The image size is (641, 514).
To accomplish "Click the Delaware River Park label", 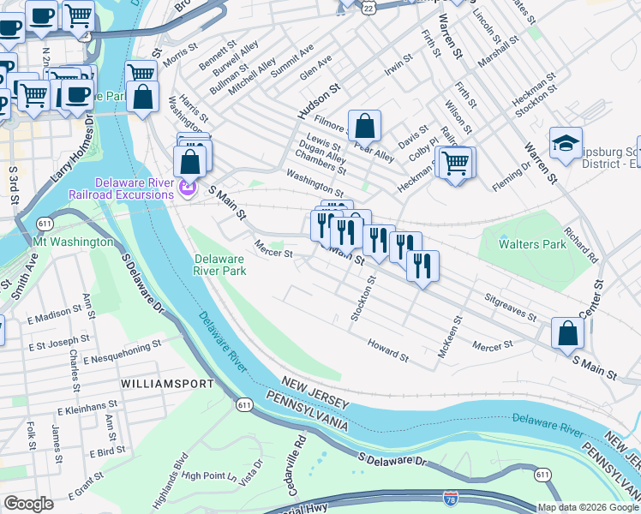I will pyautogui.click(x=220, y=265).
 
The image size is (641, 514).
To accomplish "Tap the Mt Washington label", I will pyautogui.click(x=74, y=242).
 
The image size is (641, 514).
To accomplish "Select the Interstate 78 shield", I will pyautogui.click(x=451, y=498).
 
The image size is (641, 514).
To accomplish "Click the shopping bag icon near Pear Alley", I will pyautogui.click(x=364, y=126).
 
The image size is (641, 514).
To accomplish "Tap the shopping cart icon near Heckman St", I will pyautogui.click(x=457, y=161).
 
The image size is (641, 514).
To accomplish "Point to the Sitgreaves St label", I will pyautogui.click(x=511, y=308).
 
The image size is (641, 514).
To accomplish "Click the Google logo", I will pyautogui.click(x=29, y=504).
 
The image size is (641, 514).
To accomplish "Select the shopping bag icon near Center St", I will pyautogui.click(x=567, y=334).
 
